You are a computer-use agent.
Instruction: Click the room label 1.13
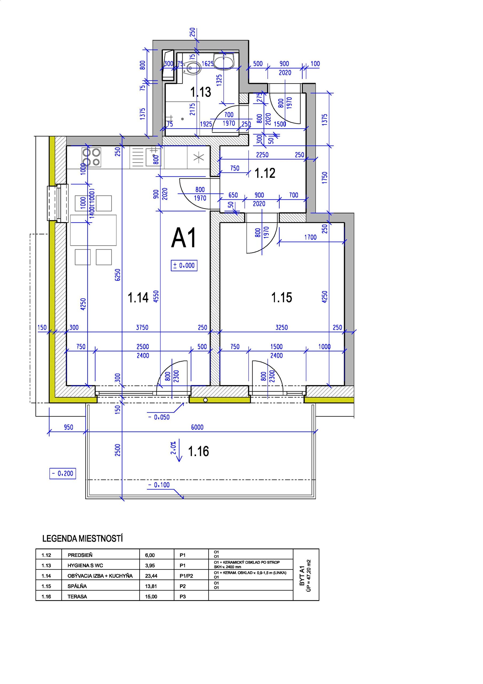click(x=201, y=92)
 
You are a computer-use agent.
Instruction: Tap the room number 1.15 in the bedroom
click(x=281, y=297)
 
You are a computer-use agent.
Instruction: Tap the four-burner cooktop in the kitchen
click(x=91, y=157)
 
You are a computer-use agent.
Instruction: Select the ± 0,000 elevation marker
click(x=184, y=265)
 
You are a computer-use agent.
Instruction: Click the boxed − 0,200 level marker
click(x=62, y=473)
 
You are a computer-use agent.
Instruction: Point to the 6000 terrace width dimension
click(x=197, y=427)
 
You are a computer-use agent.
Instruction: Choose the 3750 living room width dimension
click(x=142, y=327)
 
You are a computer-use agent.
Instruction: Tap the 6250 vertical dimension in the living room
click(x=118, y=275)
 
